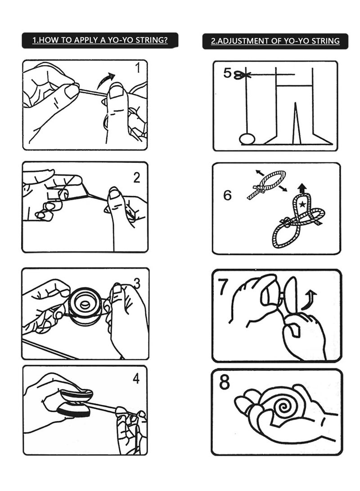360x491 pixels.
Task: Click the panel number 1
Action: click(x=137, y=68)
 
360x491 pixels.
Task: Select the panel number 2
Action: click(x=137, y=178)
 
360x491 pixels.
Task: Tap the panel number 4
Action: click(x=136, y=378)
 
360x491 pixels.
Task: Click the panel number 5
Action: click(x=227, y=73)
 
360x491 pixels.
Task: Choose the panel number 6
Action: click(x=227, y=195)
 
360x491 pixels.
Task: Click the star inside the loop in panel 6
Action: click(x=302, y=205)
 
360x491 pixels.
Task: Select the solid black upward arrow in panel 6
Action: click(x=302, y=189)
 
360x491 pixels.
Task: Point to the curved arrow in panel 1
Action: click(x=105, y=80)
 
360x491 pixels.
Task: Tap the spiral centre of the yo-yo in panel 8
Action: click(x=283, y=406)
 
